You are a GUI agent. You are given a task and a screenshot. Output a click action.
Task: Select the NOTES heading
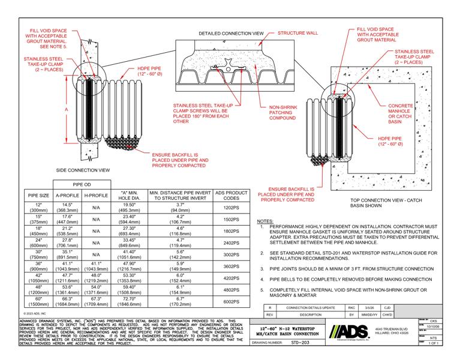point(264,221)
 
